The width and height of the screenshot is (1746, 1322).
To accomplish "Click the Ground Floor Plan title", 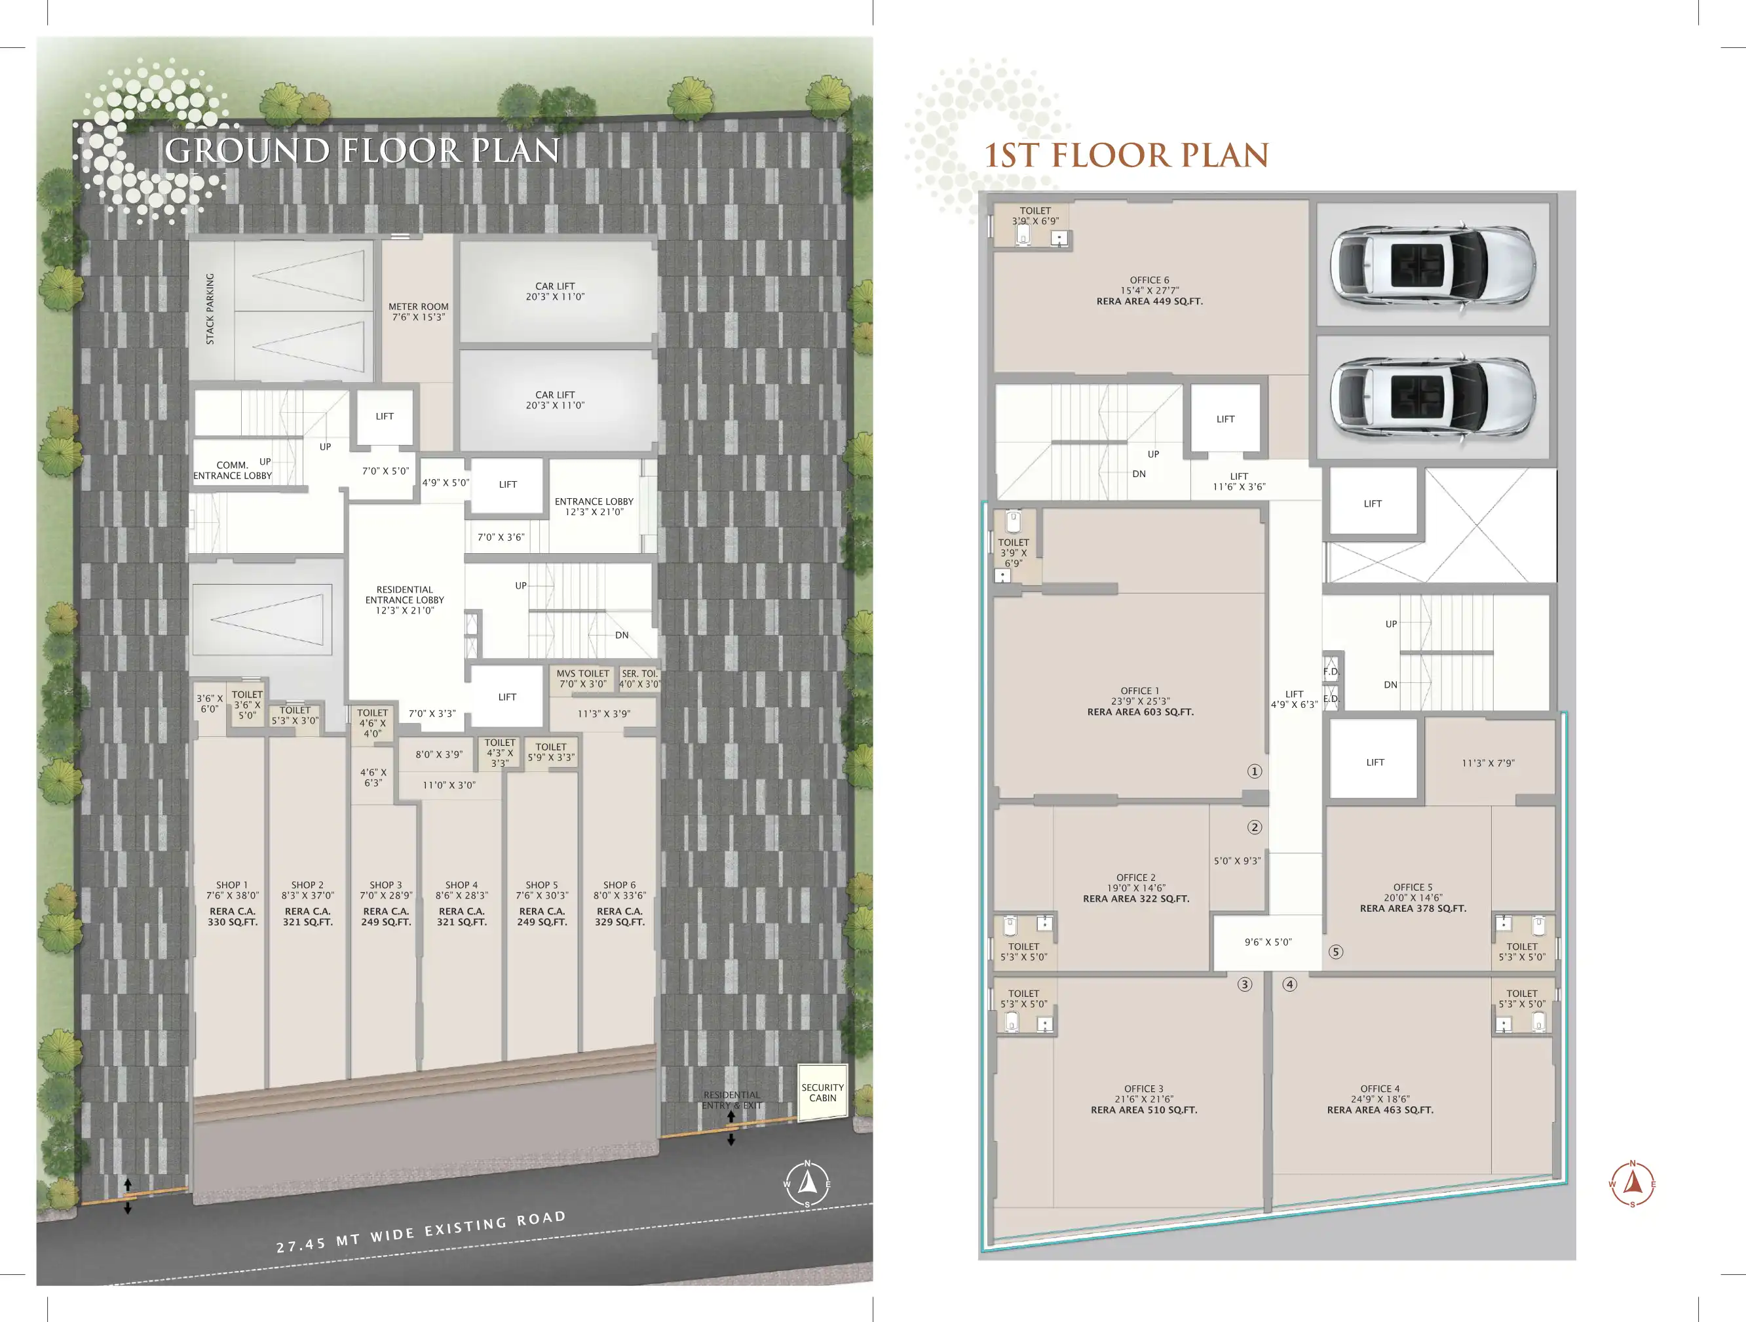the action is tap(362, 151).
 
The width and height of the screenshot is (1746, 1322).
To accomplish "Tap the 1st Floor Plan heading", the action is tap(1126, 155).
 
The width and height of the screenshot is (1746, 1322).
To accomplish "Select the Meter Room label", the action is tap(419, 312).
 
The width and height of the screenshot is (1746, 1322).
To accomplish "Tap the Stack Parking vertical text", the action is tap(210, 309).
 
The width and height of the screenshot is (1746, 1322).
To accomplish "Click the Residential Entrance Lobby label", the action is tap(405, 600).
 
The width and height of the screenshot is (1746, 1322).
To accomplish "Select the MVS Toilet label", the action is tap(583, 678).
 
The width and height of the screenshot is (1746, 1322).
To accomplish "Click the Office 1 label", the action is tap(1141, 701).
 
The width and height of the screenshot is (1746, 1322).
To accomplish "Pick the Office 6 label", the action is tap(1150, 290).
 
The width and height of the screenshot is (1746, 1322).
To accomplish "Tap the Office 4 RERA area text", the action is tap(1380, 1110).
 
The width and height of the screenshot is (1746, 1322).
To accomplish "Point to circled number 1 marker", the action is tap(1254, 771).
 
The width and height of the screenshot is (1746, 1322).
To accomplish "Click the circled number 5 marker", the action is tap(1336, 952).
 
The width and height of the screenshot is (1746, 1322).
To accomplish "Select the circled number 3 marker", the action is tap(1245, 984).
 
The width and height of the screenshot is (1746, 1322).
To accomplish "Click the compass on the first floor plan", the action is tap(1633, 1184).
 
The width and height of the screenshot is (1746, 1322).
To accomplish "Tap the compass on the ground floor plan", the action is tap(807, 1183).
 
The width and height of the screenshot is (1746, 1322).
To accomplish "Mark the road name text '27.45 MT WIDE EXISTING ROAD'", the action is tap(421, 1231).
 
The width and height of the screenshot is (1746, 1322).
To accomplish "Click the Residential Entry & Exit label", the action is tap(732, 1100).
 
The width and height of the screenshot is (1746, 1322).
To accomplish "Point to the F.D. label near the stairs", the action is tap(1331, 671).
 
